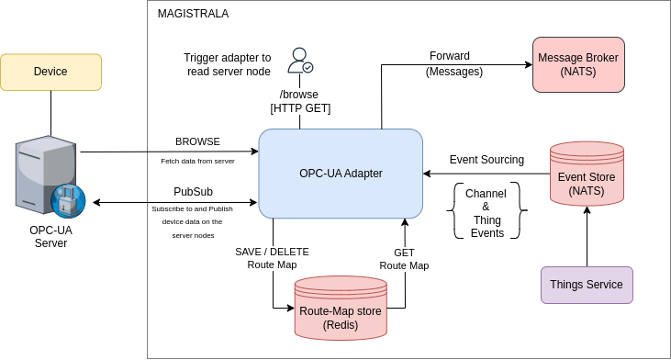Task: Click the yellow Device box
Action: (50, 72)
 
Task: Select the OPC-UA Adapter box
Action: (341, 173)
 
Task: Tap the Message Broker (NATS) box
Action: (578, 64)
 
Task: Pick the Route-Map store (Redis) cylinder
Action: (341, 310)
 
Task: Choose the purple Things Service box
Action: (587, 285)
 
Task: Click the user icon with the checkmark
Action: (300, 61)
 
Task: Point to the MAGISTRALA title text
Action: (193, 14)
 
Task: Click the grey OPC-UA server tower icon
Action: (44, 172)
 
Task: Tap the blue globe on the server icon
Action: (68, 200)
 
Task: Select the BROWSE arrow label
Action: (197, 141)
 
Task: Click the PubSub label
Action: (193, 192)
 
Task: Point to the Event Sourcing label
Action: (486, 160)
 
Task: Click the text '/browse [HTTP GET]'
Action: (300, 101)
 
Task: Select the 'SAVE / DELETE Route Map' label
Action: (273, 258)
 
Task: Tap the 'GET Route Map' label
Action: (404, 259)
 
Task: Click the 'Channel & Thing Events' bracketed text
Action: (486, 213)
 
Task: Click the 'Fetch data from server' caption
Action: (197, 161)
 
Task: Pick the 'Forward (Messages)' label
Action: (454, 63)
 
